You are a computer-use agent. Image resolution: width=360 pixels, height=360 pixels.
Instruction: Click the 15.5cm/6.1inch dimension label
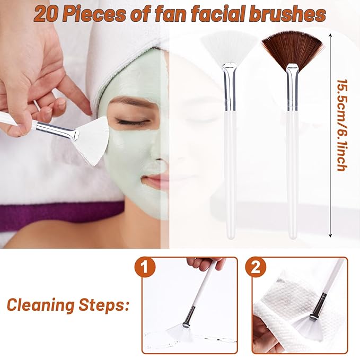tap(342, 125)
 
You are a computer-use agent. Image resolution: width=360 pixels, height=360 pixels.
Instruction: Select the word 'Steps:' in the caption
tap(106, 305)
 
